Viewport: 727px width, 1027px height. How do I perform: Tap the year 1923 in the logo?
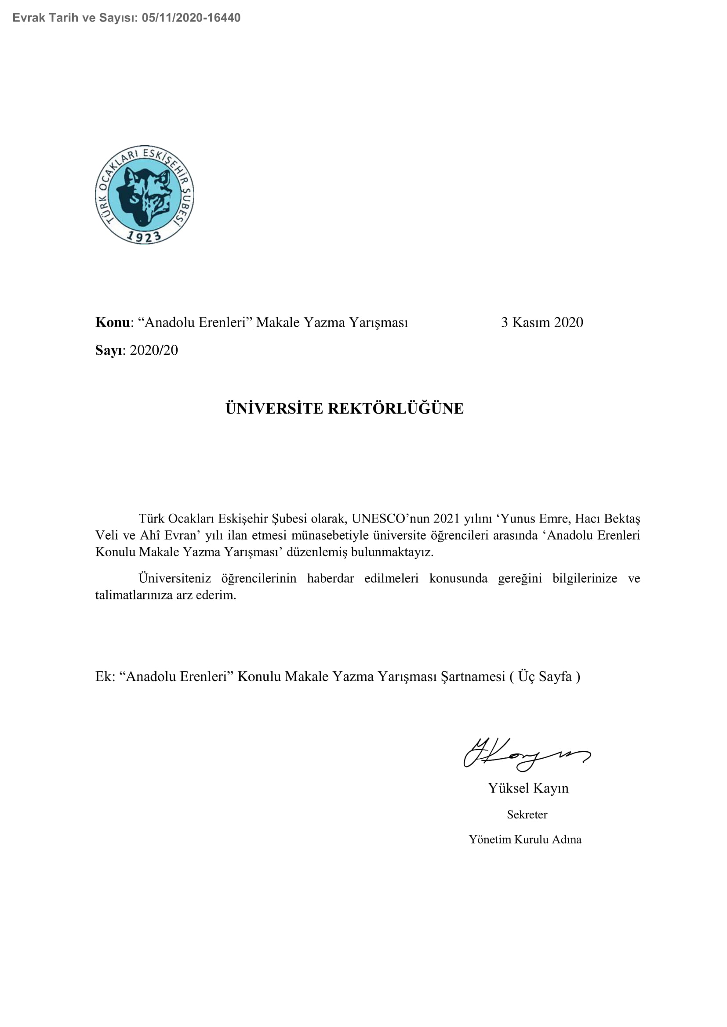[x=144, y=236]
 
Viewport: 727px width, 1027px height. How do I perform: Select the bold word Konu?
[x=113, y=323]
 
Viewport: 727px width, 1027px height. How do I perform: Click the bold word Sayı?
[x=108, y=350]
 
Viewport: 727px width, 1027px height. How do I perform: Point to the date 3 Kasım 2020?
[x=542, y=323]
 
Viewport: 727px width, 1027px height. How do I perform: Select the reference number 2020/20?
[x=154, y=350]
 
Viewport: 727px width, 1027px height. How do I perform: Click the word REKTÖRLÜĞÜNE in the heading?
[x=396, y=408]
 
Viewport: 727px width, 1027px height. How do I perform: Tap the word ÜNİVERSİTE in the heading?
[x=274, y=408]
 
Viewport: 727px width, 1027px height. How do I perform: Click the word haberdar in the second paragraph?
[x=331, y=578]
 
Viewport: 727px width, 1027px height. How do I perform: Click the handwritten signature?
[x=527, y=754]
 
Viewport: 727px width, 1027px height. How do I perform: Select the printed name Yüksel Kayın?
[x=528, y=788]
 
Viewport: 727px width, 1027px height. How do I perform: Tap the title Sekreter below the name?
[x=527, y=814]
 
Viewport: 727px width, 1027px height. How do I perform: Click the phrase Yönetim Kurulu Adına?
[x=525, y=839]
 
